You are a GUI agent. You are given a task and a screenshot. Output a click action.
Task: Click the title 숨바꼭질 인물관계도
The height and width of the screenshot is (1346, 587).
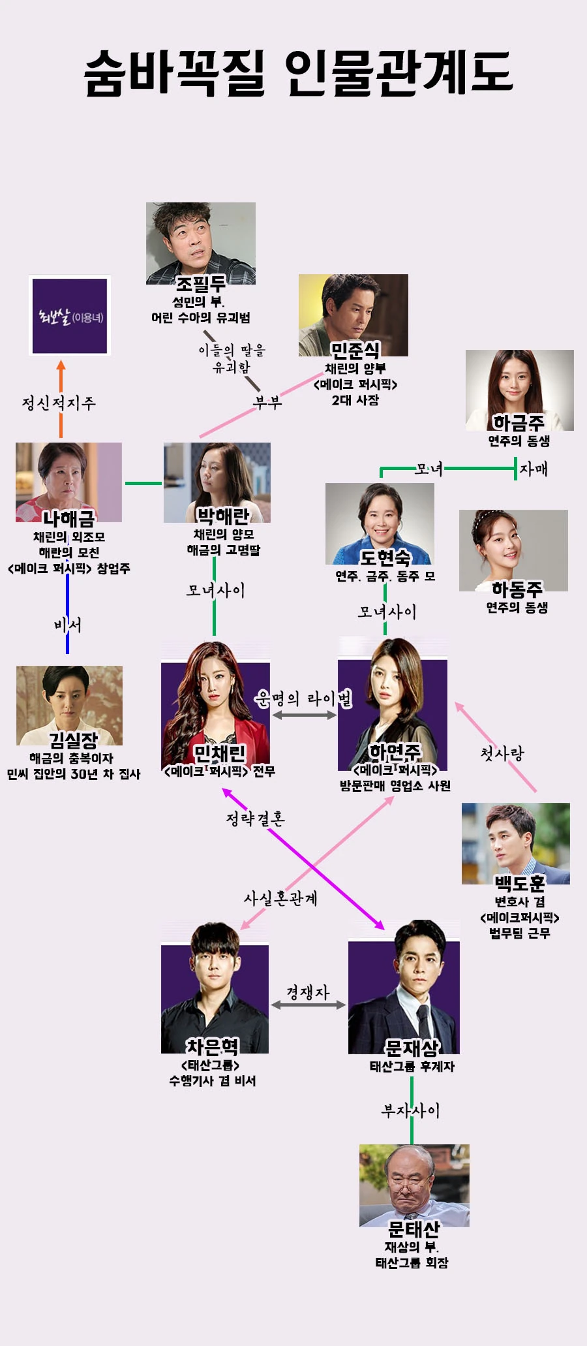coord(299,73)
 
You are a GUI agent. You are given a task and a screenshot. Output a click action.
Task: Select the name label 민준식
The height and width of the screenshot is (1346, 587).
coord(355,351)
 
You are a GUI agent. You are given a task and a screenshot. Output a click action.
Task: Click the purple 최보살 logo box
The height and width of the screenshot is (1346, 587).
coord(69,317)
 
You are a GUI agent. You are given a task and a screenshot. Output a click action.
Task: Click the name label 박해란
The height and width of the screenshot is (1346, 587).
coord(223,516)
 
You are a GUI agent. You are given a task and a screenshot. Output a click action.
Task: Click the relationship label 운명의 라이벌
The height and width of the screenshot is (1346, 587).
coord(303,699)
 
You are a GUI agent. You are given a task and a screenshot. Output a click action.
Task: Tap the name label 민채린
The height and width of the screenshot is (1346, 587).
coord(219,754)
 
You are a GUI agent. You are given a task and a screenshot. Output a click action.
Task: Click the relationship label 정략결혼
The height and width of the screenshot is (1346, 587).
coord(255,819)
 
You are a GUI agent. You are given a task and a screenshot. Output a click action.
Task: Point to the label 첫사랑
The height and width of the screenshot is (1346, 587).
coord(502,754)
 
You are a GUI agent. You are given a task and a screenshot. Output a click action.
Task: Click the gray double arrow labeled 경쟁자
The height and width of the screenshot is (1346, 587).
coord(308,1005)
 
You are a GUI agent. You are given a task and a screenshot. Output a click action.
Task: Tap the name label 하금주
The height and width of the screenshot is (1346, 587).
coord(518,423)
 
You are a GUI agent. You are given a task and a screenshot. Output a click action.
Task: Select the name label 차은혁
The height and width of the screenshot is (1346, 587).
coord(213,1047)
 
